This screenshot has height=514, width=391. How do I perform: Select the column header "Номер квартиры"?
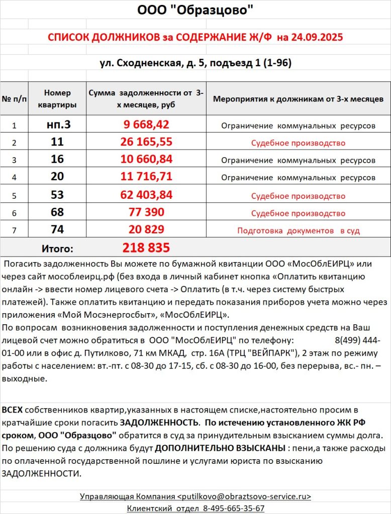click(x=57, y=99)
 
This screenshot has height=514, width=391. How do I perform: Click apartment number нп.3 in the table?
click(x=58, y=125)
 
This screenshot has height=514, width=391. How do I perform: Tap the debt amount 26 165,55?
click(x=146, y=143)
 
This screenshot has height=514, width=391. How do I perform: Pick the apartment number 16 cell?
click(x=57, y=160)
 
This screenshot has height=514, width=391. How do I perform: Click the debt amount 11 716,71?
click(x=146, y=177)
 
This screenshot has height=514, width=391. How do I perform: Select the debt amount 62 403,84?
click(x=146, y=195)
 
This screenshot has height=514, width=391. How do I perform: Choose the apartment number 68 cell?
click(x=57, y=212)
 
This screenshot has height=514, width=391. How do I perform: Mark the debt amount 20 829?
click(x=146, y=230)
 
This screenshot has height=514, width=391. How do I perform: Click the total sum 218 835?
click(x=146, y=248)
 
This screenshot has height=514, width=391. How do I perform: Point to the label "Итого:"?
click(x=57, y=248)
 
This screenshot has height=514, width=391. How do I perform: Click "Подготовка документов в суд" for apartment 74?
click(x=298, y=231)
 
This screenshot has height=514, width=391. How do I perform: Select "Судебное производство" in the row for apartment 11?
click(x=298, y=143)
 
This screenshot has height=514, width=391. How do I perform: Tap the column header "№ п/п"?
click(x=14, y=99)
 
